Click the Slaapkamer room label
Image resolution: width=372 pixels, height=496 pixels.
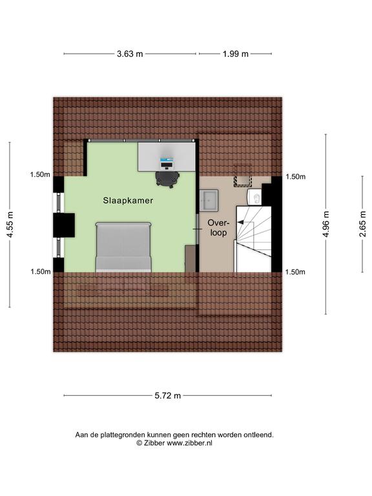pos(128,200)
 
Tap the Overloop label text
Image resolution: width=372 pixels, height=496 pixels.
pos(217,228)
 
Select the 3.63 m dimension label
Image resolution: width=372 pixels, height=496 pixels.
pos(130,54)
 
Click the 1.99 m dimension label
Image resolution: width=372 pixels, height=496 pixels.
pos(236,54)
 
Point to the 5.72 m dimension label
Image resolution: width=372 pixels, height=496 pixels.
pos(168,395)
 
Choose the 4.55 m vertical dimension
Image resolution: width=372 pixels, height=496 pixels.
pos(10,225)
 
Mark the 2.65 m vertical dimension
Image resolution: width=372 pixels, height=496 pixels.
pos(363,223)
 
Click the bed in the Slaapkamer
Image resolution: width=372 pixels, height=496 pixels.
pos(123,247)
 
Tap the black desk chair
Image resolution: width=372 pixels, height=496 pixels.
pos(167,180)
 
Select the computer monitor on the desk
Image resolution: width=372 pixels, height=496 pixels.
pos(167,162)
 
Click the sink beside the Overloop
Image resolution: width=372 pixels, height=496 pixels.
pos(209,200)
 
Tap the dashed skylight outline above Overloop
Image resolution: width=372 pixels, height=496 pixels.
pos(243,176)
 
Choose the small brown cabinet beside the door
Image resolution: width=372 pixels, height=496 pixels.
pos(190,258)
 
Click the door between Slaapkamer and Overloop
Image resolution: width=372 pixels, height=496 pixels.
pos(198,229)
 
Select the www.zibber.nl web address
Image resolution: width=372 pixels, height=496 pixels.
pos(189,443)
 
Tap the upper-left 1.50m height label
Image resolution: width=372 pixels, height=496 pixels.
pos(40,174)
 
